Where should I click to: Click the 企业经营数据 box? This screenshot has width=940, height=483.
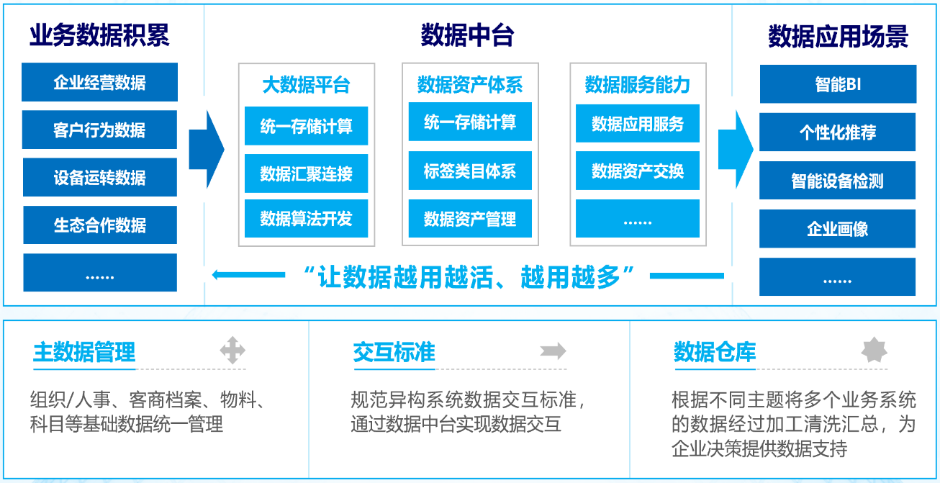pos(99,82)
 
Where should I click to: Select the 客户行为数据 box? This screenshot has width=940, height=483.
pos(99,130)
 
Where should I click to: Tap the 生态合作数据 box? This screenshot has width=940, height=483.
pos(100,225)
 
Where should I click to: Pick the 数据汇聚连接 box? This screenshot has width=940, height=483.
pos(307,173)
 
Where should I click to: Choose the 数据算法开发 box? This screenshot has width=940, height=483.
pos(307,218)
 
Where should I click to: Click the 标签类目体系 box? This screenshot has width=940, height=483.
pos(470,171)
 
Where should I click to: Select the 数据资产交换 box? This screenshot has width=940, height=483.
pos(638,171)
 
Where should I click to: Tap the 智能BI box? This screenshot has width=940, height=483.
pos(838,84)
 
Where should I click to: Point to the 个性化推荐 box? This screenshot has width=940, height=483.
pos(838,132)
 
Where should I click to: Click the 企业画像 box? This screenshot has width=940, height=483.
pos(838,229)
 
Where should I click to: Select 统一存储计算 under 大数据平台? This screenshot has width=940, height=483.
pos(307,126)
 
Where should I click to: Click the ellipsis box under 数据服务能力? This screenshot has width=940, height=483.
pos(638,218)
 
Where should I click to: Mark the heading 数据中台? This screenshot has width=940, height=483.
pos(468,35)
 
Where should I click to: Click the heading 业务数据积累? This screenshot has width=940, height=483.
pos(99,35)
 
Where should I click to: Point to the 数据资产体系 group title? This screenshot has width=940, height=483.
pos(470,84)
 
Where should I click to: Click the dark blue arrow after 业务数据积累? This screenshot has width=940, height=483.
pos(207,150)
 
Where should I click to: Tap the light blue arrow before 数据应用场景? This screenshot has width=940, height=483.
pos(736,150)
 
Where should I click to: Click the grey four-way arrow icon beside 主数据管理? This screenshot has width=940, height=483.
pos(232,350)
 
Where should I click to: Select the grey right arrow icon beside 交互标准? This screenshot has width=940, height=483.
pos(553,351)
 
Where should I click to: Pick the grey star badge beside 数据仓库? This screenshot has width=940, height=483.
pos(874,350)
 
